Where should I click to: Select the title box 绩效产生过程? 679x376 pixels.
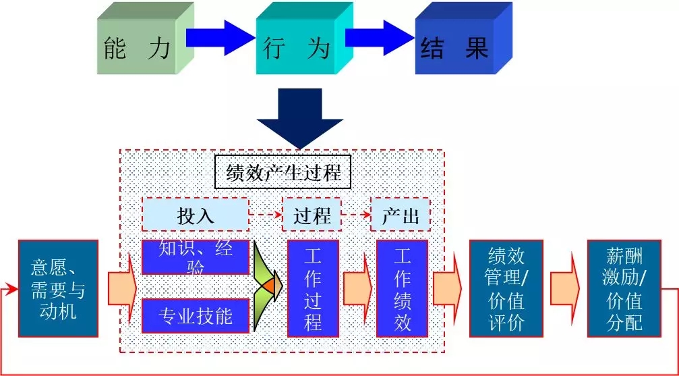283,173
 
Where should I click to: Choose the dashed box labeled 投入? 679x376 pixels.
196,215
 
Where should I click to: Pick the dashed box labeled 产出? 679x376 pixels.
401,215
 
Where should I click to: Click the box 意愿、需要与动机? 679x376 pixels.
59,288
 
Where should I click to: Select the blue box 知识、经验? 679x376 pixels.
196,256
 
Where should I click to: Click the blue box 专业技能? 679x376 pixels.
196,315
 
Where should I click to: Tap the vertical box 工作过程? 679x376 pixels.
312,288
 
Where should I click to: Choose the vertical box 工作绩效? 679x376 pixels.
402,288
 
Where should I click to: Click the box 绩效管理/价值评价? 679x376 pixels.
506,288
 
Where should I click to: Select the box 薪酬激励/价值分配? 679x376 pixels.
624,288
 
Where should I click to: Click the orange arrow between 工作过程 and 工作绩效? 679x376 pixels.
357,288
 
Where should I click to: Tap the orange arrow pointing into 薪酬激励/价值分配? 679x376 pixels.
565,288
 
